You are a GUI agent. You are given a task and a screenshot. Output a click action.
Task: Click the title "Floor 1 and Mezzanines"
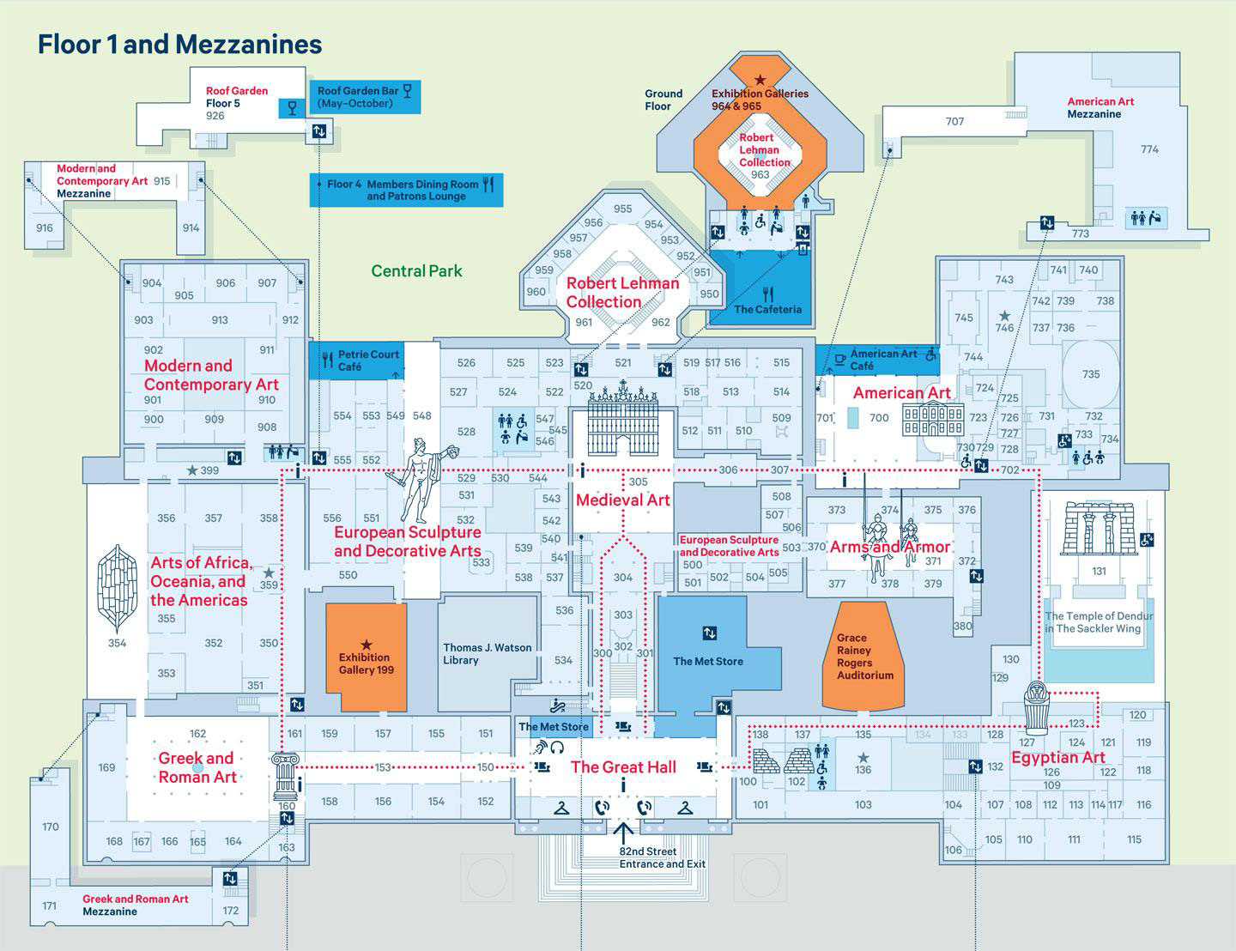coord(179,45)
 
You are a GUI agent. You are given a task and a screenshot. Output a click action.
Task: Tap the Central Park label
coord(416,271)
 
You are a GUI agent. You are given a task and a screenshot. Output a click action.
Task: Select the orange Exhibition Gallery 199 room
coord(366,657)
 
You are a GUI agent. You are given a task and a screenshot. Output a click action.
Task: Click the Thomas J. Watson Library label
coord(487,654)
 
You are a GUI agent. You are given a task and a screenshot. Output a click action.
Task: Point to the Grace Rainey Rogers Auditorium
coord(864,657)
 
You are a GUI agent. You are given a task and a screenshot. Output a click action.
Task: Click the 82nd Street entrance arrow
coord(624,830)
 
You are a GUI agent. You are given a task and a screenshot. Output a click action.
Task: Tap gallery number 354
coord(117,642)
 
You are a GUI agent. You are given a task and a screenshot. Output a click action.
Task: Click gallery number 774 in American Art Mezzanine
coord(1149,149)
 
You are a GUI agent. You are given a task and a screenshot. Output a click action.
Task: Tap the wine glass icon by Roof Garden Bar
coord(293,108)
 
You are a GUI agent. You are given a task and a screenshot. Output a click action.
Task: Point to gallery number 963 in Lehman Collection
coord(760,175)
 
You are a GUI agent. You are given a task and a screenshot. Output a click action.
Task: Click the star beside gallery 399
coord(191,470)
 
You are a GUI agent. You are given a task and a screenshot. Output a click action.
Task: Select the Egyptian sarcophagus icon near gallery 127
coord(1038,706)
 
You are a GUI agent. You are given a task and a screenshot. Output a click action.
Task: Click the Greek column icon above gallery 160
coord(284,775)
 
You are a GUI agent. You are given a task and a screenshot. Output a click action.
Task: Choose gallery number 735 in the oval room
coord(1090,374)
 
